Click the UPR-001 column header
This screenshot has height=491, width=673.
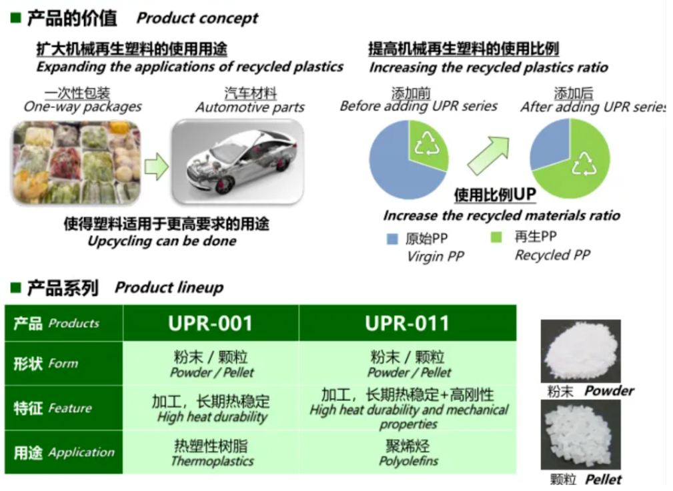(x=211, y=323)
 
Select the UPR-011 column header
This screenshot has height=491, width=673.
(x=408, y=323)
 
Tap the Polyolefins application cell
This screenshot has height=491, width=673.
(x=408, y=452)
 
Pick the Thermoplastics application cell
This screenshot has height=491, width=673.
(x=211, y=452)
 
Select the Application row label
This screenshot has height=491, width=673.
(x=63, y=452)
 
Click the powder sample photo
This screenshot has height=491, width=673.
(x=581, y=351)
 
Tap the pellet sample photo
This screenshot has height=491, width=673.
(x=581, y=435)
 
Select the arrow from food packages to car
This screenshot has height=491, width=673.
(x=156, y=166)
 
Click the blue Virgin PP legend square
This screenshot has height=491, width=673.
(x=392, y=239)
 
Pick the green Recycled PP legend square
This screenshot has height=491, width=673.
(x=496, y=237)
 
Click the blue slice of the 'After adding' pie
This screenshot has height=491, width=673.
(x=548, y=145)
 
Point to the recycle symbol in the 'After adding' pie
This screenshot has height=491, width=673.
(x=584, y=165)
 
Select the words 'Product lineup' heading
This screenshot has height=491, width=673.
(x=169, y=287)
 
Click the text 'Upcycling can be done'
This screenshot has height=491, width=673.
(x=162, y=241)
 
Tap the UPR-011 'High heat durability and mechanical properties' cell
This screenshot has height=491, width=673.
(x=408, y=408)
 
